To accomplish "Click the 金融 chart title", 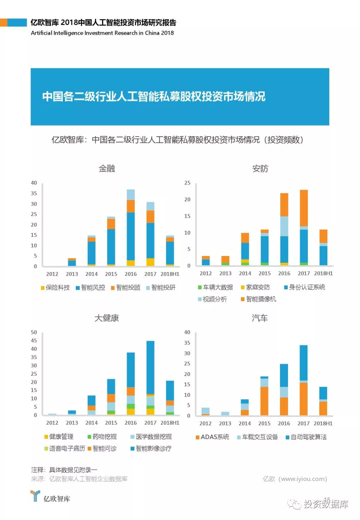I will [107, 169].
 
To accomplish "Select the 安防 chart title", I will [260, 169].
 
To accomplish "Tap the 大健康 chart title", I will [107, 318].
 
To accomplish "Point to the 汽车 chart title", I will [260, 318].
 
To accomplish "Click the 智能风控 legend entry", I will [91, 288].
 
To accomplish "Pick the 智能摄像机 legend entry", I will [259, 299].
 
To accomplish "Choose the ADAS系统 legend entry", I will [212, 437].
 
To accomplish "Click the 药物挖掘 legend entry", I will [102, 437].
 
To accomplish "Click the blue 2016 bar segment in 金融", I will [131, 236].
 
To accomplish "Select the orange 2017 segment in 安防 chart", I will [304, 208].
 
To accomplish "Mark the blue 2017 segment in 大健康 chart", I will [150, 367].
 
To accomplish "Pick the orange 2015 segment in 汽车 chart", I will [264, 401].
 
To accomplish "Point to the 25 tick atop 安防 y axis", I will [187, 183].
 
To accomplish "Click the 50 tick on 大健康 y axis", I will [34, 332].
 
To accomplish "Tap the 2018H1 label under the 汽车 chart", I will [323, 423].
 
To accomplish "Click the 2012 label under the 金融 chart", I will [52, 274].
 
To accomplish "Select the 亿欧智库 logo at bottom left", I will [50, 497].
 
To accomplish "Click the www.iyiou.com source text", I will [295, 479].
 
